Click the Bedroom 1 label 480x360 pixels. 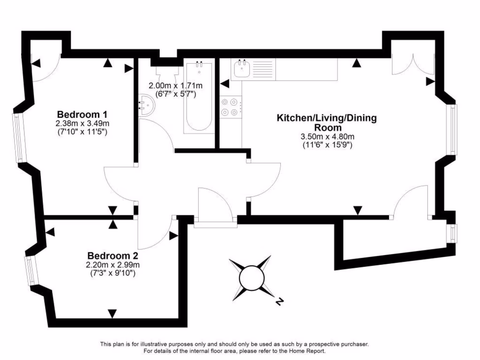coord(82,114)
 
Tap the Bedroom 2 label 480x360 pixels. coord(112,256)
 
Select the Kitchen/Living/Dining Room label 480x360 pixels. coord(327,122)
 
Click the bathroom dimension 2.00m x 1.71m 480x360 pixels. coord(175,86)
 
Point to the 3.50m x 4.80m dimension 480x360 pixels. coord(327,137)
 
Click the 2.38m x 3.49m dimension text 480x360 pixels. coord(82,124)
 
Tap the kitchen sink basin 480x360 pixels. coord(242,70)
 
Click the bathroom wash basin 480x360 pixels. coord(146,104)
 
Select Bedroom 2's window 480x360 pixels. coord(30,270)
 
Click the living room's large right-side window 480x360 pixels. coord(453,129)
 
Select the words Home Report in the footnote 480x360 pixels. coord(307,351)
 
